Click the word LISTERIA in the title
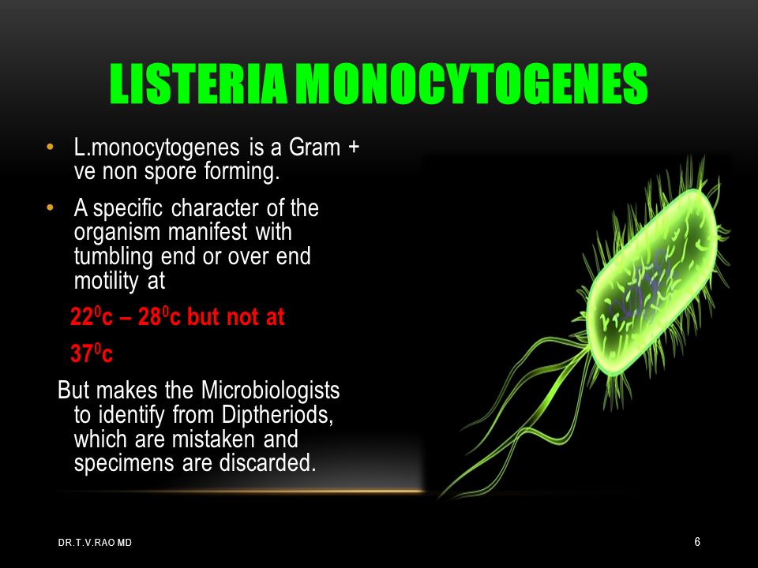[x=198, y=84]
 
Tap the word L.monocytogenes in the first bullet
[x=156, y=148]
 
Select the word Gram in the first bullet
[x=314, y=148]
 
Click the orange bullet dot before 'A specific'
[x=49, y=208]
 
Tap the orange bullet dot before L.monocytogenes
[x=49, y=147]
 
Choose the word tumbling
[x=113, y=256]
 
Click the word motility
[x=107, y=281]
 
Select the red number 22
[x=81, y=317]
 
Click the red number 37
[x=81, y=354]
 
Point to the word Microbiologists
[x=270, y=390]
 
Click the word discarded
[x=268, y=463]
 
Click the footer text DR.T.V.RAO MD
[x=95, y=543]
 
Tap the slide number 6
[x=697, y=542]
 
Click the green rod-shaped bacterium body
[x=653, y=282]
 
